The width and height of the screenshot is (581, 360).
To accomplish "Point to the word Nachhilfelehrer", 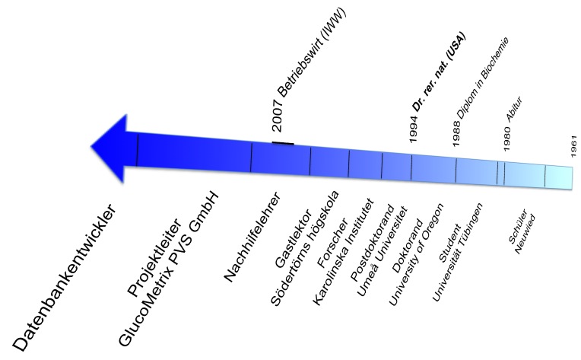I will [254, 237].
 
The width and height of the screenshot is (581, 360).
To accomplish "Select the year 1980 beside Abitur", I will [507, 139].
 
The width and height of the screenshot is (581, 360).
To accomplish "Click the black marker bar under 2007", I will [283, 142].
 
